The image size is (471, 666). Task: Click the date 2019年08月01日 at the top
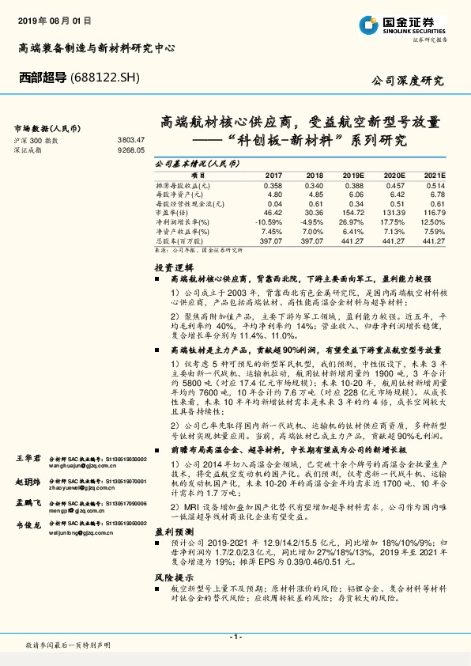coord(55,17)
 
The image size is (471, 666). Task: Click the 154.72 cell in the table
coord(352,214)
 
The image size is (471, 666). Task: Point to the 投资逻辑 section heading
coord(175,269)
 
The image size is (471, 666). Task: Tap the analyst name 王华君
coord(28,459)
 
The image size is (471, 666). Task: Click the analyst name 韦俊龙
coord(28,524)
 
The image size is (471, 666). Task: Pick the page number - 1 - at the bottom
coord(235,637)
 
